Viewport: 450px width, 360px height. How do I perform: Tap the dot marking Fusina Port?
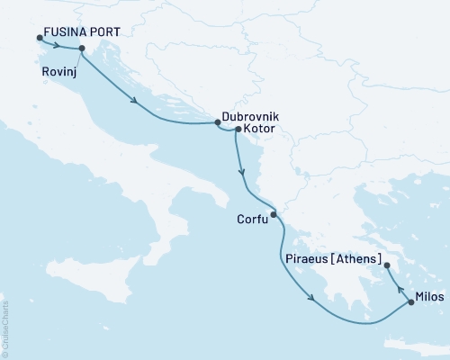pyautogui.click(x=40, y=38)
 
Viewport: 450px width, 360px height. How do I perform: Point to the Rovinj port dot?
pyautogui.click(x=82, y=49)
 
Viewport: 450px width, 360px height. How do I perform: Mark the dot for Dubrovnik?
pyautogui.click(x=218, y=123)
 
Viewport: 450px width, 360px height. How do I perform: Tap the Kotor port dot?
pyautogui.click(x=237, y=130)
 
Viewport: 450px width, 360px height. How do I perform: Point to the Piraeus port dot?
pyautogui.click(x=387, y=266)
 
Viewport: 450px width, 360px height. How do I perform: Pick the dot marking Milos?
pyautogui.click(x=411, y=302)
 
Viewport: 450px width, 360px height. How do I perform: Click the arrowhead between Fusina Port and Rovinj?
pyautogui.click(x=59, y=45)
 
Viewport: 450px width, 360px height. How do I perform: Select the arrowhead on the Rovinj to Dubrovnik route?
pyautogui.click(x=135, y=101)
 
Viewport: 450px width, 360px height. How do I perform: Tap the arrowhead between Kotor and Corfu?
pyautogui.click(x=240, y=172)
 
